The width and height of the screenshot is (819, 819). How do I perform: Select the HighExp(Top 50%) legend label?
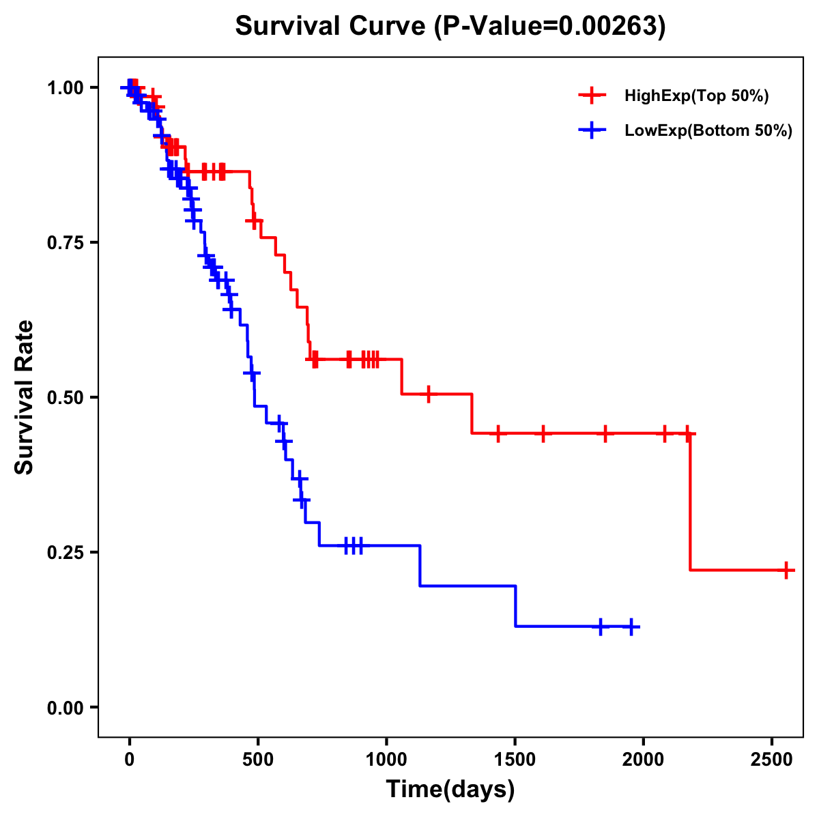696,96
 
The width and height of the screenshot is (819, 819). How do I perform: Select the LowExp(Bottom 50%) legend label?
708,131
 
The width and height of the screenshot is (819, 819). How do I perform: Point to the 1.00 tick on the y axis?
66,88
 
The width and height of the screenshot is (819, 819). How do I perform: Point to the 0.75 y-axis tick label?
66,243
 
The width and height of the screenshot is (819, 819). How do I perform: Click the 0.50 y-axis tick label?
66,398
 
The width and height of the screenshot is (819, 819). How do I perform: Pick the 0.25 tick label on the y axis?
66,553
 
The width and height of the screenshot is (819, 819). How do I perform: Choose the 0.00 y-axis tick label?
66,708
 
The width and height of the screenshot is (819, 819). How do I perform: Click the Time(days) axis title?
450,790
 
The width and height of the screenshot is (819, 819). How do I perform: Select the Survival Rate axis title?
25,397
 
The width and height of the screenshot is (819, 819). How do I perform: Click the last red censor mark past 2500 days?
786,570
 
